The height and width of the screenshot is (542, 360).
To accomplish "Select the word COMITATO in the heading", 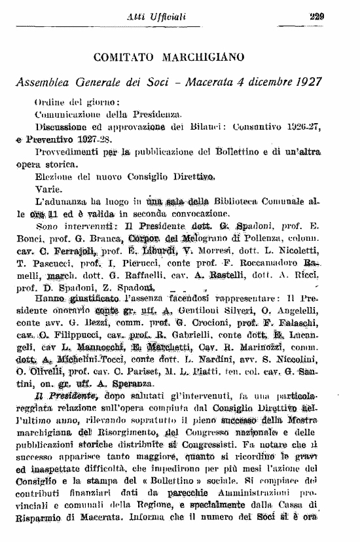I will click(x=124, y=58).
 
